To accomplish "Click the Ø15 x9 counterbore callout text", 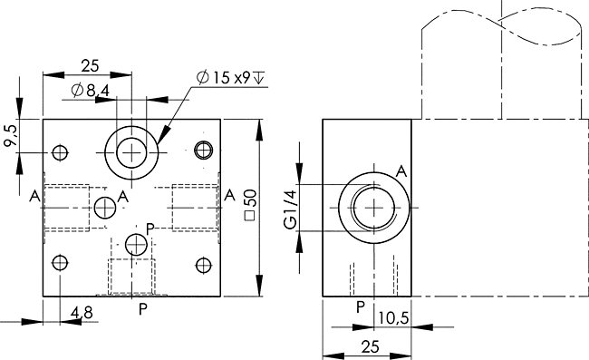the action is click(x=230, y=78).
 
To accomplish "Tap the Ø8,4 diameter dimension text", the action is click(x=90, y=91).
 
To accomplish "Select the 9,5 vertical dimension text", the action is click(x=11, y=135).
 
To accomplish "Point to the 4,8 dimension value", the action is click(x=82, y=313).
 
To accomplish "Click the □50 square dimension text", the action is click(x=250, y=205).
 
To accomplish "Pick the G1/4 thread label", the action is click(x=290, y=209).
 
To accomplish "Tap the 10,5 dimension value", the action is click(x=393, y=318).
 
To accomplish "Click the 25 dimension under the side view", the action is click(x=371, y=346).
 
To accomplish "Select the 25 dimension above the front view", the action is click(x=90, y=66).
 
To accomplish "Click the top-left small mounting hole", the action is click(x=60, y=152).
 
